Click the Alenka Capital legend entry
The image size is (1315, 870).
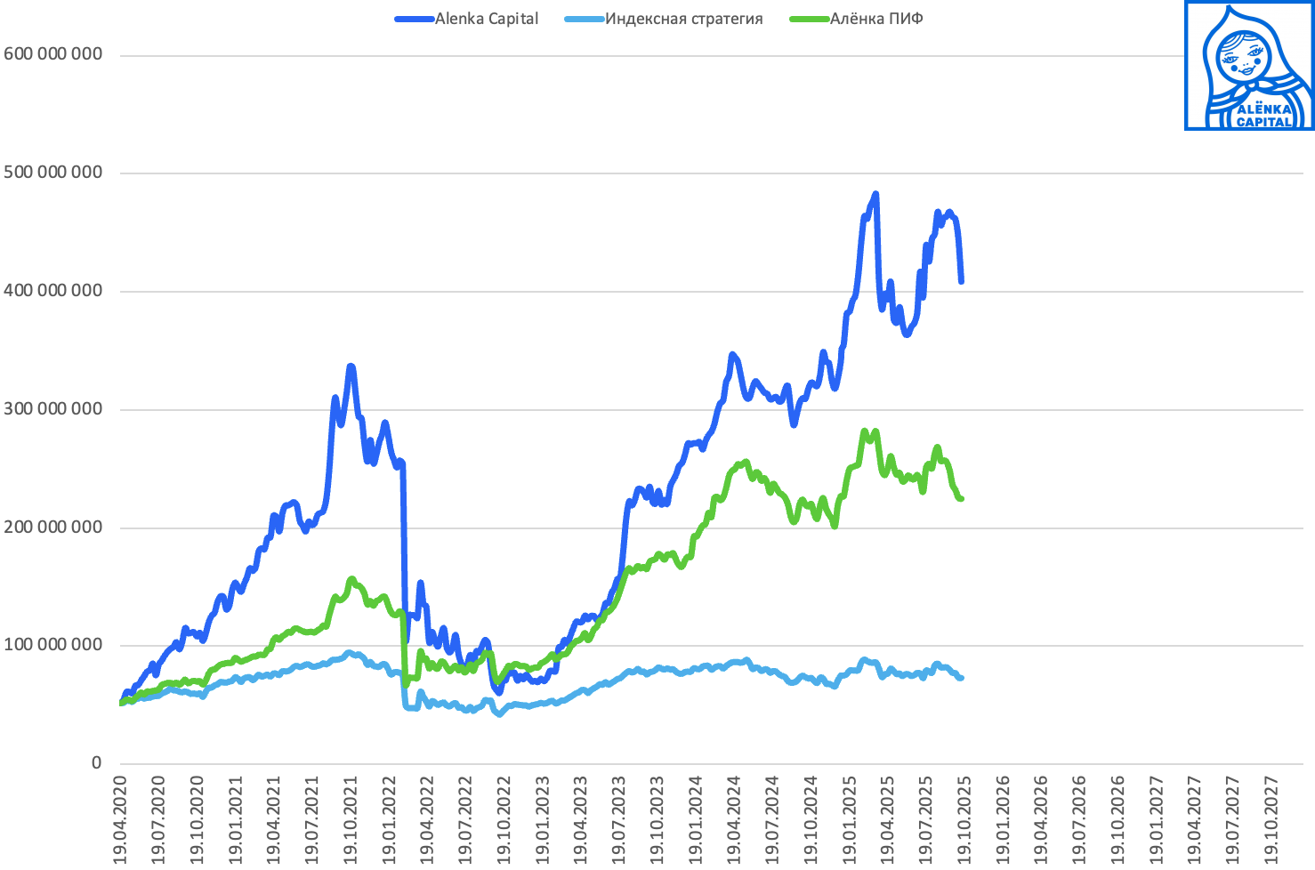tap(486, 19)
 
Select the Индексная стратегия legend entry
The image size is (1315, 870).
tap(683, 19)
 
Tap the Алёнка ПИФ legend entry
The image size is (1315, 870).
tap(875, 19)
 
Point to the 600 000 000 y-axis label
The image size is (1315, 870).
tap(53, 54)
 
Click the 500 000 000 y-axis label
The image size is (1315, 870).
tap(53, 173)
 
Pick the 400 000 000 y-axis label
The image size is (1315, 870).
tap(53, 291)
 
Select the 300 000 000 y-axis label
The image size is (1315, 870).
tap(53, 409)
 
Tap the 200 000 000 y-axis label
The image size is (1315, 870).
tap(53, 528)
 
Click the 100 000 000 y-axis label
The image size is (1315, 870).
tap(53, 645)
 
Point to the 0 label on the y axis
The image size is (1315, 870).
tap(96, 763)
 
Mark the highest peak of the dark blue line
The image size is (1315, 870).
tap(875, 194)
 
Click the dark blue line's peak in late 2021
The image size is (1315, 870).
tap(351, 367)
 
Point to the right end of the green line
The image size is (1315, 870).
tap(962, 499)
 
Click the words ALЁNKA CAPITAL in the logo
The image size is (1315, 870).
tap(1263, 116)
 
